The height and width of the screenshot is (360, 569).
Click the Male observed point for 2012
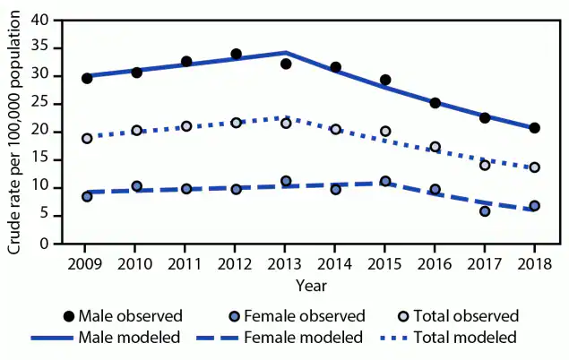(236, 54)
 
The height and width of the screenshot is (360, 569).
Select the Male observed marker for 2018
(534, 128)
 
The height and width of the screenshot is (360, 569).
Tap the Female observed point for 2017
(485, 211)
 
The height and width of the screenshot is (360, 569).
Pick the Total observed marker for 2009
(87, 139)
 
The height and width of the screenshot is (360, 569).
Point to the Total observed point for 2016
(435, 147)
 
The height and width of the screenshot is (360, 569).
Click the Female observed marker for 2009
(87, 196)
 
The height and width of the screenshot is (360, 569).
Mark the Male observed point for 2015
(385, 80)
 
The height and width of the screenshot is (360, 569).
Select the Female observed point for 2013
(286, 181)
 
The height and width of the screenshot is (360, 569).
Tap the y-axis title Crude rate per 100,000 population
(16, 132)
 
